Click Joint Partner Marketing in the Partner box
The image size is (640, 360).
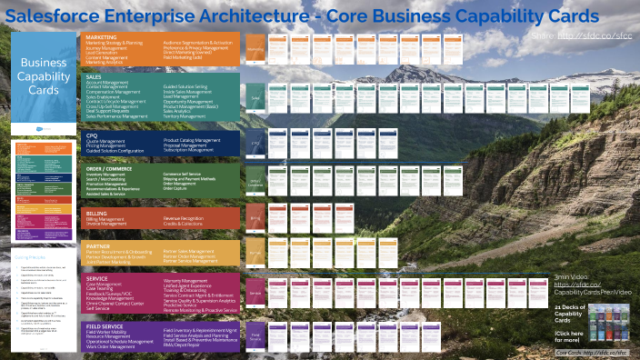click(110, 262)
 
